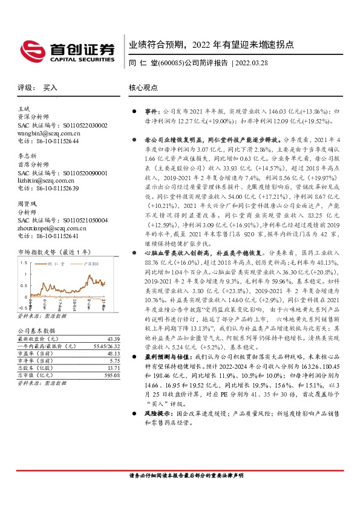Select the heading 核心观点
(x=143, y=87)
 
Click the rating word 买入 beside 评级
(x=50, y=88)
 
